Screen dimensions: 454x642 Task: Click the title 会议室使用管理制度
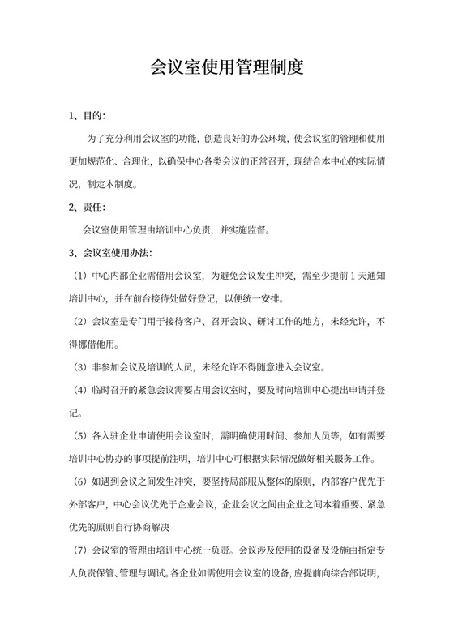(x=227, y=67)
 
